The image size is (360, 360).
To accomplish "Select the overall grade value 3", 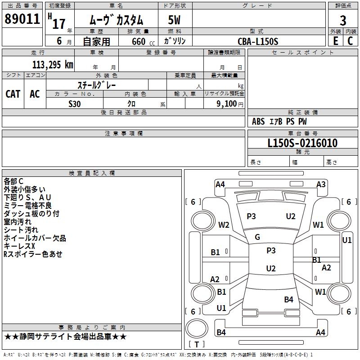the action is tap(343, 20).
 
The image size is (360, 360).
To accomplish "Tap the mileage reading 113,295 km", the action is tap(52, 64).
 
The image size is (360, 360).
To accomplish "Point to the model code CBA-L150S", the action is tap(258, 41).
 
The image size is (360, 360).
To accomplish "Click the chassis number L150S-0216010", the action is tap(302, 143).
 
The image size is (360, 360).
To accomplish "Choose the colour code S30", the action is tap(75, 103).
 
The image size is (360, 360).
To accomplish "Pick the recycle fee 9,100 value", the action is tap(223, 103).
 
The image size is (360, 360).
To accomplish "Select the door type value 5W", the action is tap(174, 20).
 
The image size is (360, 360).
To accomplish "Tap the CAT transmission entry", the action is tap(13, 94).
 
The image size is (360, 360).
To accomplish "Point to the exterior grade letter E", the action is tap(336, 41).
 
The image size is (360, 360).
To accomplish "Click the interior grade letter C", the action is tap(350, 41).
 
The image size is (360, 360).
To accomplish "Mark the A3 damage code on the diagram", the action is tap(321, 184).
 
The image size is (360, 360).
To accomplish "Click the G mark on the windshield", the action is tap(257, 237).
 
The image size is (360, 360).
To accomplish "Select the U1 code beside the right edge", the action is tap(347, 240).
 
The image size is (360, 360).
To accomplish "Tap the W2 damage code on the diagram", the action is tap(224, 225).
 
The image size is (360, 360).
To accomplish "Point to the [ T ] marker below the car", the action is tap(197, 344).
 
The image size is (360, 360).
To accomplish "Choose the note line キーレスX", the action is tap(19, 246).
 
